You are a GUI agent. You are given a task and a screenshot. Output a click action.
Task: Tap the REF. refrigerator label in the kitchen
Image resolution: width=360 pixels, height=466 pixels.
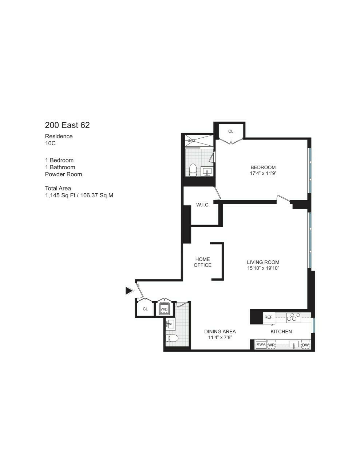[269, 317]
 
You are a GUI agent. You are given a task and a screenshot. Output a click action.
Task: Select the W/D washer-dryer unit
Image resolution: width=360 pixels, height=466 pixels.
[164, 309]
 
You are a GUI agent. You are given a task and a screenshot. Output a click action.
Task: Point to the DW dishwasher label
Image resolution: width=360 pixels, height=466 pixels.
[306, 345]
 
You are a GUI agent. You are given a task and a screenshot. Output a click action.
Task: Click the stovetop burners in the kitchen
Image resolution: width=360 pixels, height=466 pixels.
[293, 317]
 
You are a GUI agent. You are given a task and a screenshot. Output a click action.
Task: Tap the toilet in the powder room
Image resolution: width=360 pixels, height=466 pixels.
[172, 339]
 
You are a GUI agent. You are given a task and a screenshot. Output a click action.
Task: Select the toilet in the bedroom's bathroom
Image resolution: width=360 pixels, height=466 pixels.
[193, 170]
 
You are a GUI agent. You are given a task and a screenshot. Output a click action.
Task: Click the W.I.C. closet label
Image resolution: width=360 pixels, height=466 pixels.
[203, 205]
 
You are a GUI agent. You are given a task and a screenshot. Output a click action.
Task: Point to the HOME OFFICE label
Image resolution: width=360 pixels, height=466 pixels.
[202, 262]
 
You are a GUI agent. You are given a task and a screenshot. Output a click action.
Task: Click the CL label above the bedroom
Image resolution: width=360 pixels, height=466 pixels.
[231, 131]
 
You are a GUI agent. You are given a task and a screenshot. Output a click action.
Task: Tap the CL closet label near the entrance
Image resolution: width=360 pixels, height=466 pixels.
[145, 309]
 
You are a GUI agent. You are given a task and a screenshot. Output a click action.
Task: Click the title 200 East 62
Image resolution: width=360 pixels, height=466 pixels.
[67, 125]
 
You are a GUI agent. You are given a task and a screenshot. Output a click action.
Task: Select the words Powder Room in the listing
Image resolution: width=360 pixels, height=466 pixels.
[63, 174]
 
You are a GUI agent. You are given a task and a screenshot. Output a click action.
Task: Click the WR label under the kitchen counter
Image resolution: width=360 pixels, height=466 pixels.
[271, 345]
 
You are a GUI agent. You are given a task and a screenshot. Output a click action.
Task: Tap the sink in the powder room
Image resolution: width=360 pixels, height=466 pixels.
[170, 323]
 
